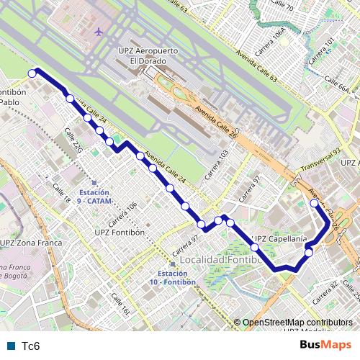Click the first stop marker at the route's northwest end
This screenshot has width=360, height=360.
pyautogui.click(x=32, y=73)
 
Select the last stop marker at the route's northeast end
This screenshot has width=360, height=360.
pyautogui.click(x=314, y=204)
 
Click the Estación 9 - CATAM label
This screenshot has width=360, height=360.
pyautogui.click(x=94, y=197)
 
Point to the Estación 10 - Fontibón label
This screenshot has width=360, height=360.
pyautogui.click(x=173, y=277)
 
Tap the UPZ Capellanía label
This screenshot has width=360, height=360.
pyautogui.click(x=282, y=238)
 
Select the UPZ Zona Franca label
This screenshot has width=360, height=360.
pyautogui.click(x=32, y=243)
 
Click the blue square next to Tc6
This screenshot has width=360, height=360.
pyautogui.click(x=9, y=346)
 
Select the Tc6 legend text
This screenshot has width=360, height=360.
pyautogui.click(x=30, y=346)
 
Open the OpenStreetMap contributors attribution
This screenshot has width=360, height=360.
pyautogui.click(x=297, y=323)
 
